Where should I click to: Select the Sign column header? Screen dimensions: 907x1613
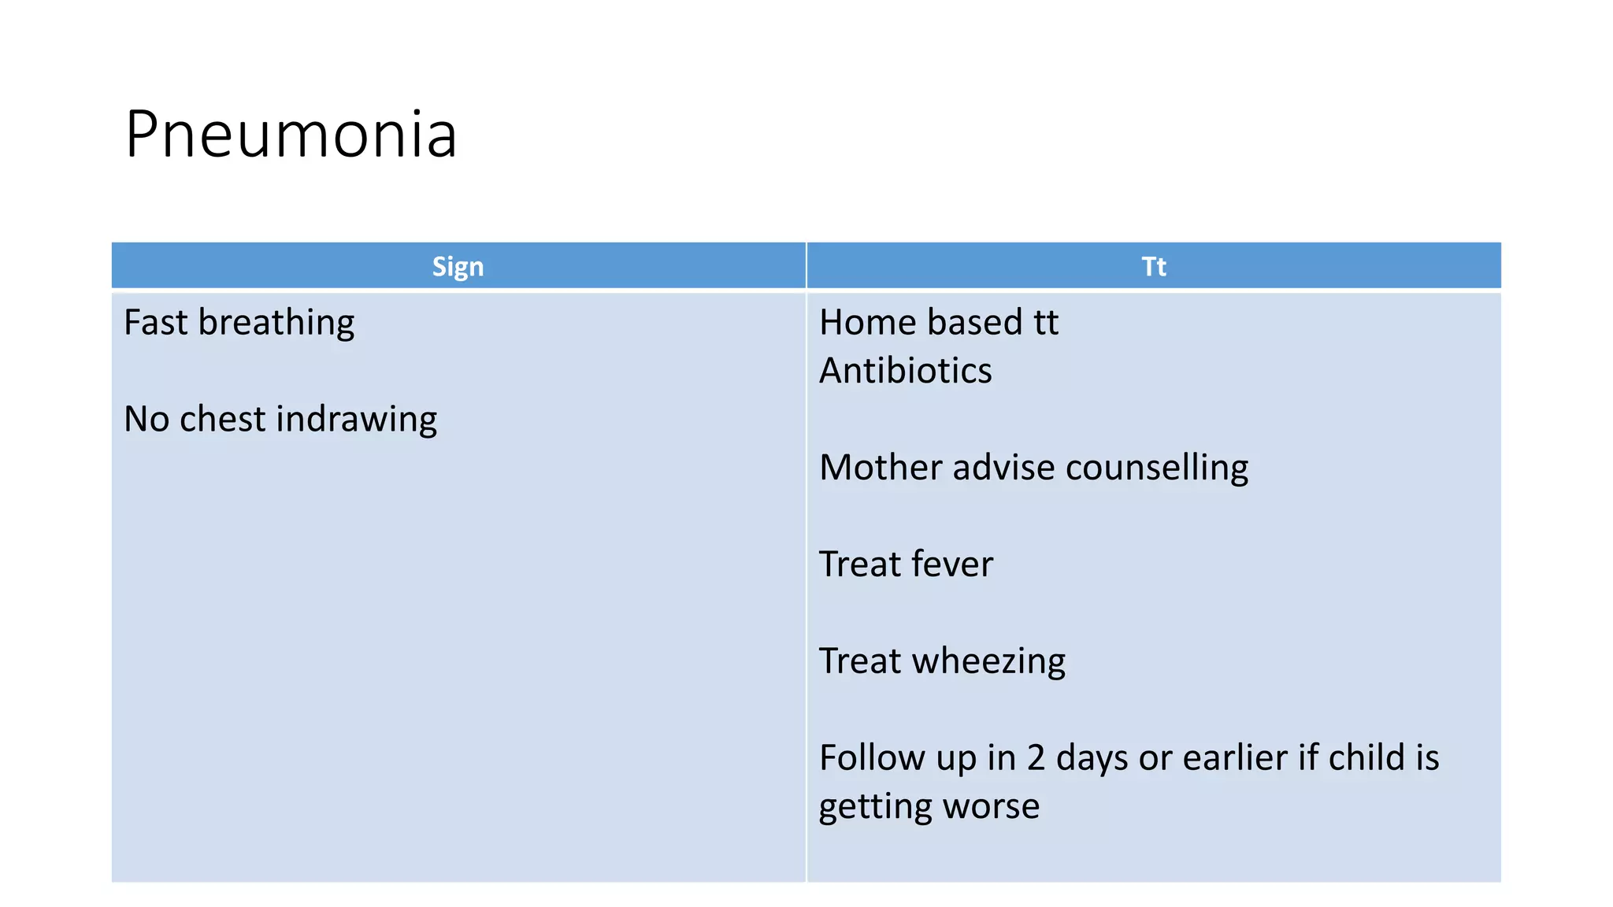[458, 266]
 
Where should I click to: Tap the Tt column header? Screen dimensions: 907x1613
[1153, 266]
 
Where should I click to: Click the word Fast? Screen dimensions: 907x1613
[155, 322]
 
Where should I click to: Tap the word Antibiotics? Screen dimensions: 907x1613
[905, 371]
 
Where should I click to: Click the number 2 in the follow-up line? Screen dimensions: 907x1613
[1036, 757]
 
